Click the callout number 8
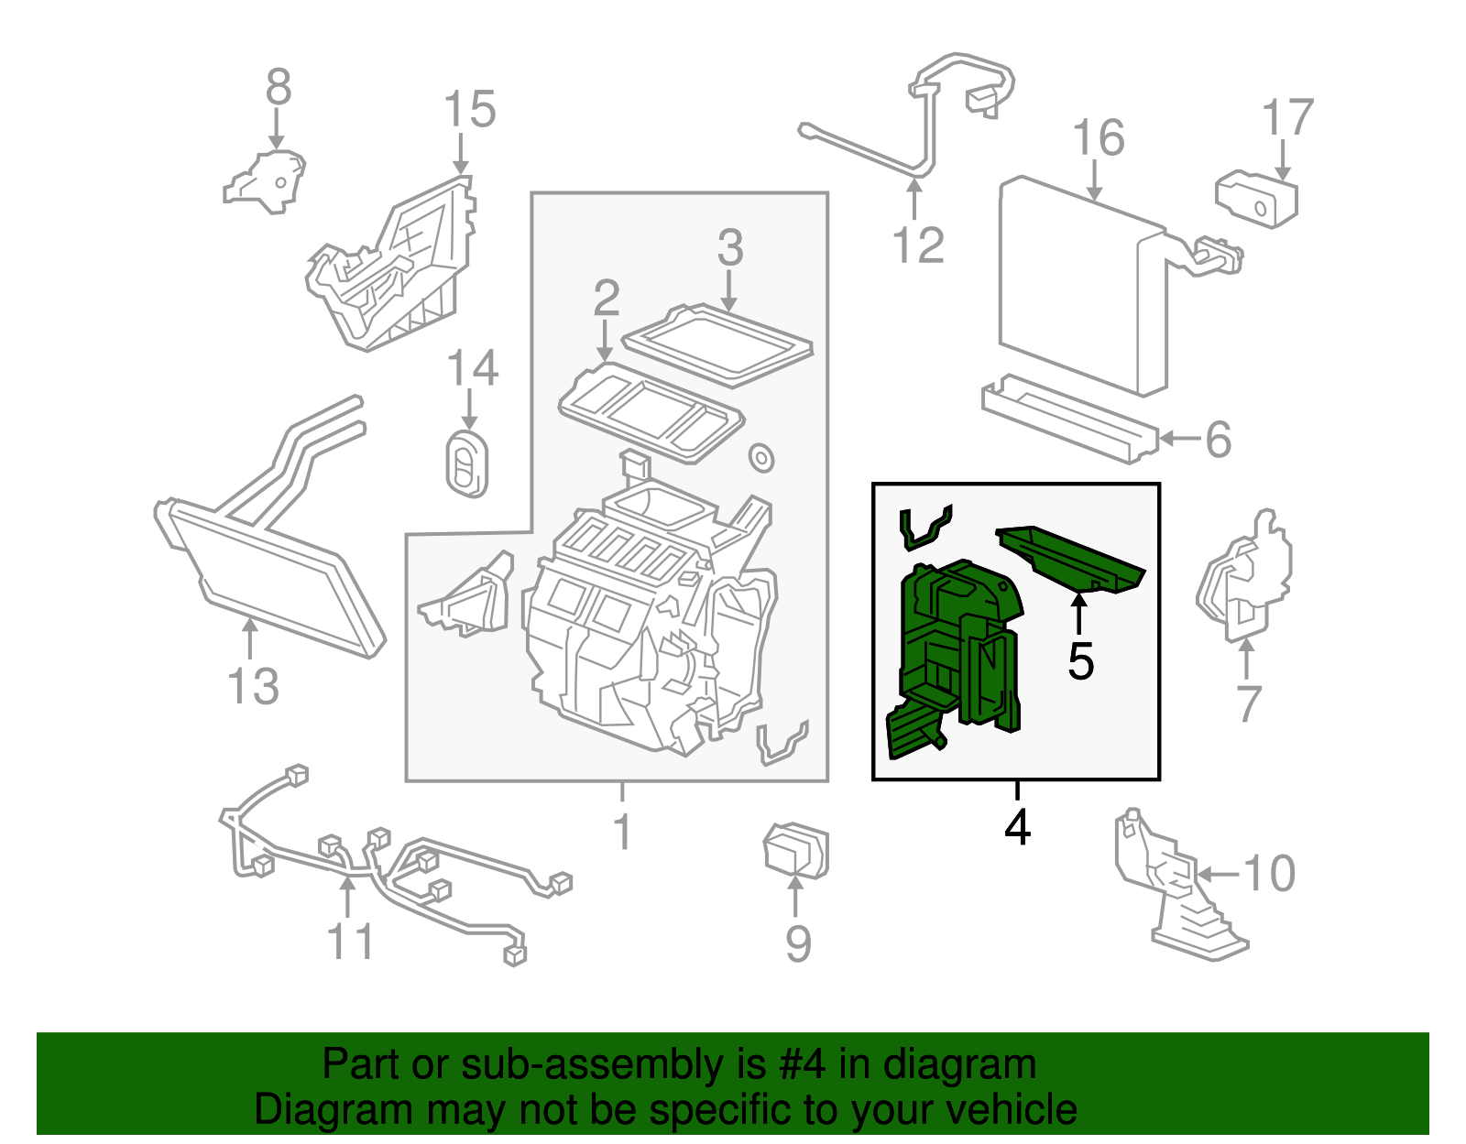(x=279, y=88)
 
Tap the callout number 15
(x=469, y=110)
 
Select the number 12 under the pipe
(x=917, y=245)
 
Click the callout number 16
(x=1098, y=138)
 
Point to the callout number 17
(x=1287, y=118)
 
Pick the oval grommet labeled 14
(x=467, y=464)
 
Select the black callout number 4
(x=1017, y=827)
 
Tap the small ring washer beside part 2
(x=760, y=457)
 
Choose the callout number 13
(x=253, y=687)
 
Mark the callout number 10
(x=1269, y=873)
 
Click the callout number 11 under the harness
(x=351, y=942)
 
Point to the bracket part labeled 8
(x=267, y=183)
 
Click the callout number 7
(x=1248, y=703)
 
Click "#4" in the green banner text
(x=801, y=1065)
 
